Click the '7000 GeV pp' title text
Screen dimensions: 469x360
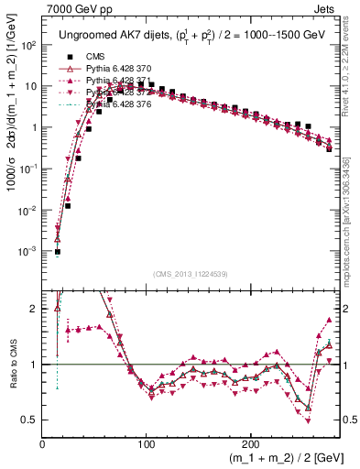click(x=78, y=8)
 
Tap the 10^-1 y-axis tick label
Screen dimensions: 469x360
click(x=30, y=169)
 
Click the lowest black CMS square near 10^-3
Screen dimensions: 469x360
click(x=57, y=252)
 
